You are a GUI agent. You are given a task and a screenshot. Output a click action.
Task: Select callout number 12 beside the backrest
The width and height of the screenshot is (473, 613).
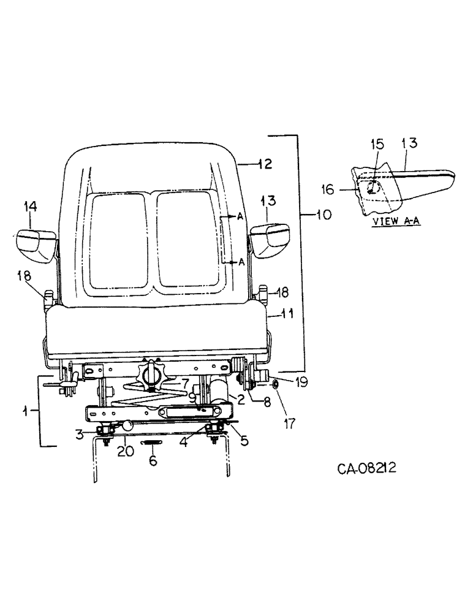(x=264, y=164)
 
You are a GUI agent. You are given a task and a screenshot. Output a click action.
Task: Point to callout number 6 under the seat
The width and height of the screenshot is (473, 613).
(x=153, y=459)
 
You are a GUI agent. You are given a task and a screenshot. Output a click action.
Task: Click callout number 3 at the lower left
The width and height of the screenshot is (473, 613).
(x=79, y=435)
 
